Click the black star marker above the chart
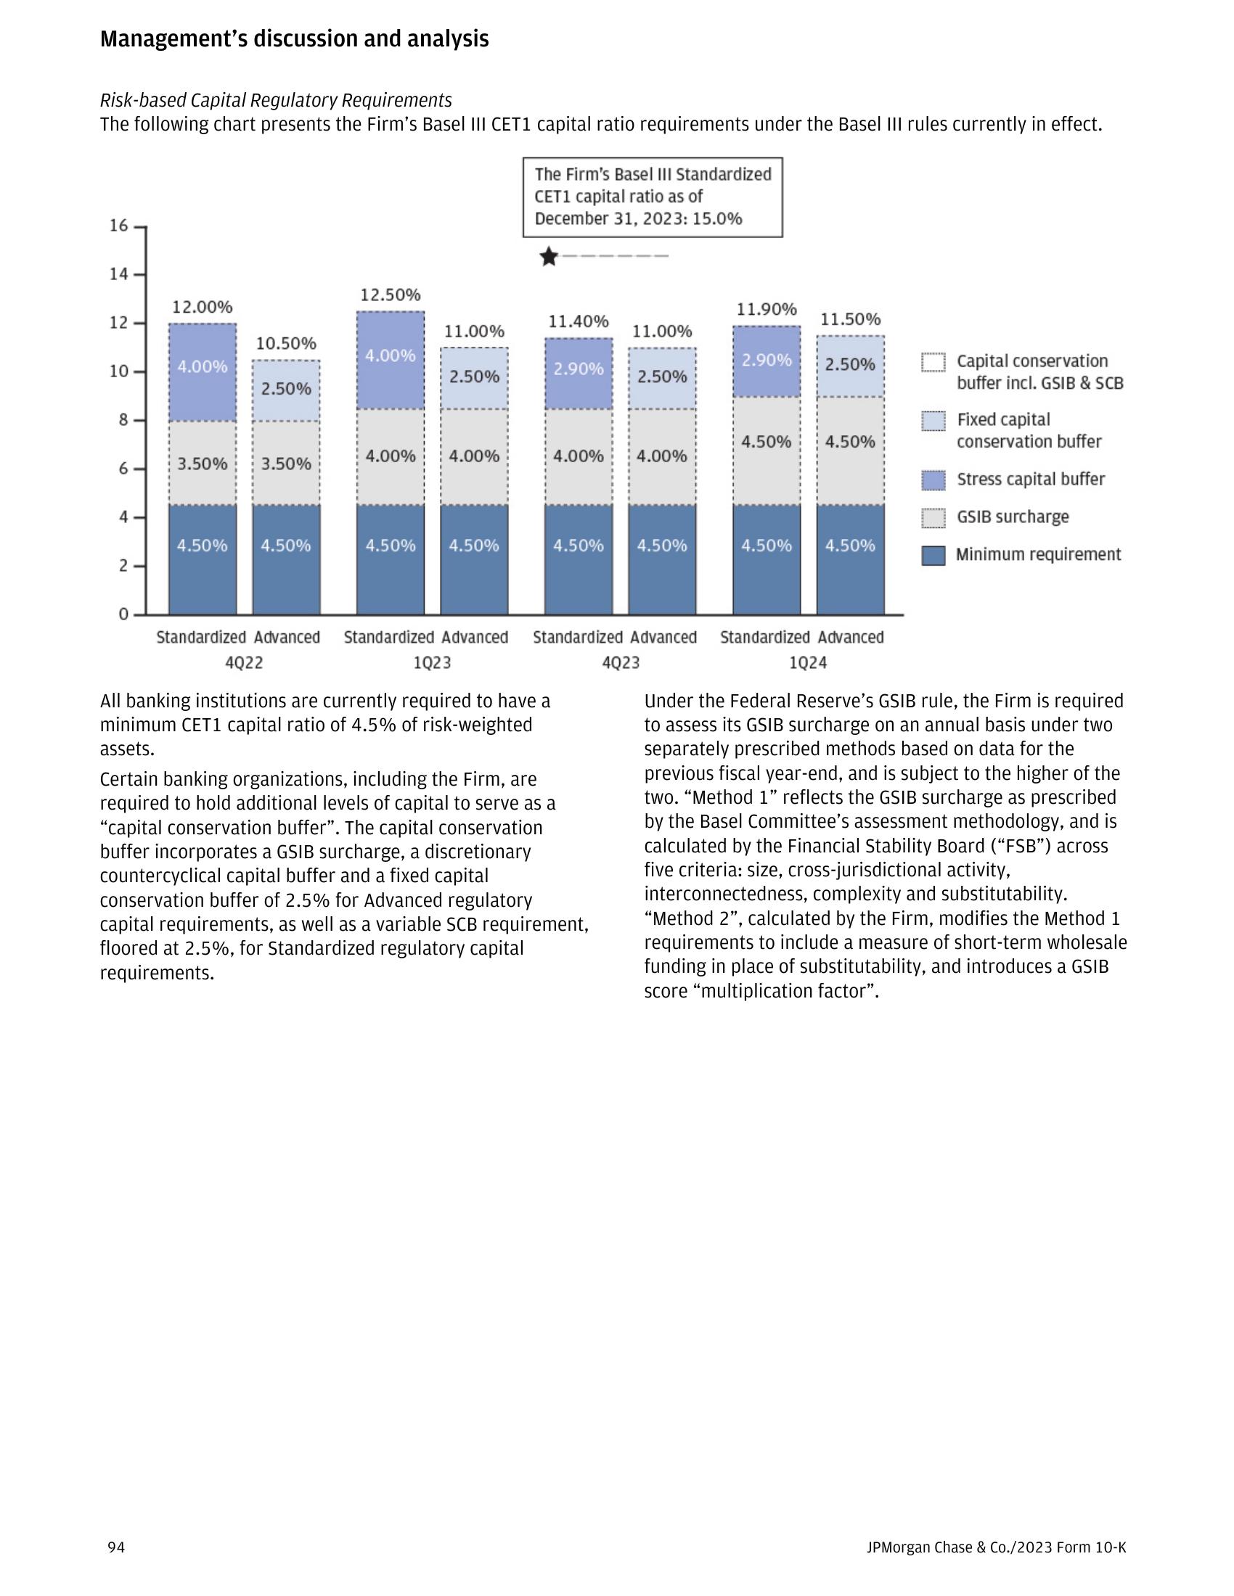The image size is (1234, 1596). (549, 258)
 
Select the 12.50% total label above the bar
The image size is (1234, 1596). (391, 295)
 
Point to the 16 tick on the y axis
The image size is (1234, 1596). (119, 226)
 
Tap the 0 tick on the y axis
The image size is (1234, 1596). (123, 614)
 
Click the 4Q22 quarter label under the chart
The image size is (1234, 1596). (244, 663)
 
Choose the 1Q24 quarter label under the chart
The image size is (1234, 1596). (808, 663)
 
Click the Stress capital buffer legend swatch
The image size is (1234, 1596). (933, 480)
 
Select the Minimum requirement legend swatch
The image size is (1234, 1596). (933, 556)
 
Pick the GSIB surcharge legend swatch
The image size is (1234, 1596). (933, 518)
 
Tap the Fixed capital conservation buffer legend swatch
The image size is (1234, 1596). (933, 421)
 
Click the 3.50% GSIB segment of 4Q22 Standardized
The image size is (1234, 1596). (203, 464)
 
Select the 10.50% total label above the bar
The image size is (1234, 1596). (286, 343)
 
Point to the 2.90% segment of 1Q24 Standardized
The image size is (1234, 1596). (767, 361)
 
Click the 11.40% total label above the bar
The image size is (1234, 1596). (579, 321)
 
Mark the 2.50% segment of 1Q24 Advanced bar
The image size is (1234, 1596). (850, 365)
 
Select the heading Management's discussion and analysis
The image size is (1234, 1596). (294, 38)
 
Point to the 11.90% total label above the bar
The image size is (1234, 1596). (766, 310)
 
